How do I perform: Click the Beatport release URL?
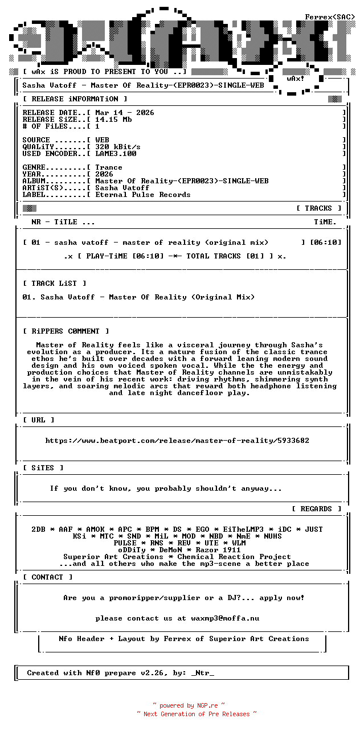177,441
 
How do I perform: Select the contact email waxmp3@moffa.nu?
225,618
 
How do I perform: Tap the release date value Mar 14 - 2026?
125,113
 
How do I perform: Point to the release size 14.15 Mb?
113,120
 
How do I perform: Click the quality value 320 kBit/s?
118,147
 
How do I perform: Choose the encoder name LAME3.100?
116,154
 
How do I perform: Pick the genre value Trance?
109,167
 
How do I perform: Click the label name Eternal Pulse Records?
143,195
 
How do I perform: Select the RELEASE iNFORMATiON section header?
71,99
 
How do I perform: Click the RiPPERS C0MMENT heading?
66,331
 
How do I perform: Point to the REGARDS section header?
316,509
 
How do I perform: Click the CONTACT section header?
48,577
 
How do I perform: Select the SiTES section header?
43,468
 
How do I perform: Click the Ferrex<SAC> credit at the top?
330,17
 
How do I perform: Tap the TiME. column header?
325,222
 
